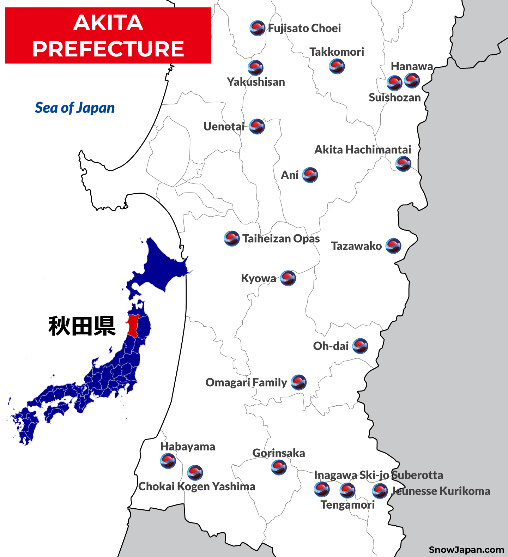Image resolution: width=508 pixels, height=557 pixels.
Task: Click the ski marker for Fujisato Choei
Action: pyautogui.click(x=257, y=28)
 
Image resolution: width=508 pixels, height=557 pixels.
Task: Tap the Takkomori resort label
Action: pyautogui.click(x=337, y=52)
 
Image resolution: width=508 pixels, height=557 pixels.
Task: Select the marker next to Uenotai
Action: pyautogui.click(x=257, y=126)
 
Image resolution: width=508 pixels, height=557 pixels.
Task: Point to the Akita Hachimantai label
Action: pyautogui.click(x=363, y=150)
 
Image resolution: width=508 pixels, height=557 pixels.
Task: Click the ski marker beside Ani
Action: pyautogui.click(x=310, y=175)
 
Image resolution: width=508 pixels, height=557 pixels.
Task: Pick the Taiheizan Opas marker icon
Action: pyautogui.click(x=232, y=239)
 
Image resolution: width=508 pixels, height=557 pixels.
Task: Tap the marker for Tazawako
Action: pyautogui.click(x=393, y=246)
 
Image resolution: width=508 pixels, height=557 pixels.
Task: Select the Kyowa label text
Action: pyautogui.click(x=258, y=278)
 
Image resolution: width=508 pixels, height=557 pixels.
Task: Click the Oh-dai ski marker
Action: pyautogui.click(x=360, y=346)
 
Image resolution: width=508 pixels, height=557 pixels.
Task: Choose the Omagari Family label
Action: pyautogui.click(x=246, y=382)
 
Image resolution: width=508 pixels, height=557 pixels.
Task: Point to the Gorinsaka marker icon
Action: pyautogui.click(x=279, y=467)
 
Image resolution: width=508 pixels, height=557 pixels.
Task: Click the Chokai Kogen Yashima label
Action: pyautogui.click(x=196, y=486)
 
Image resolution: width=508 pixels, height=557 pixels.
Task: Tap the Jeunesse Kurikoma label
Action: pyautogui.click(x=441, y=491)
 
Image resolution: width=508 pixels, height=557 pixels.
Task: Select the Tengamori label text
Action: pyautogui.click(x=347, y=505)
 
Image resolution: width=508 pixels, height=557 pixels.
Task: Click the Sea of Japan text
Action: pyautogui.click(x=75, y=108)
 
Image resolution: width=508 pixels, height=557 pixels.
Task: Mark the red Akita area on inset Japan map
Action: pyautogui.click(x=133, y=325)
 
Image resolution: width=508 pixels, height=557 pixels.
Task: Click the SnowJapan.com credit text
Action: pyautogui.click(x=466, y=550)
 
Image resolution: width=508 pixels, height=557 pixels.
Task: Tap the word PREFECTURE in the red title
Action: pyautogui.click(x=108, y=49)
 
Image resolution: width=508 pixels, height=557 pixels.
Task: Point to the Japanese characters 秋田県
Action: pyautogui.click(x=82, y=326)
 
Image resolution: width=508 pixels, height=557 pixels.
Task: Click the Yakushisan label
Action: pyautogui.click(x=256, y=82)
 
